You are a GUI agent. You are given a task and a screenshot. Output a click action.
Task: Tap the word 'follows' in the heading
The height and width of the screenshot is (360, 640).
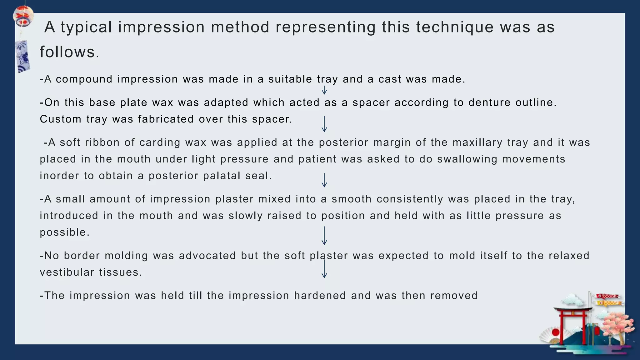click(x=67, y=52)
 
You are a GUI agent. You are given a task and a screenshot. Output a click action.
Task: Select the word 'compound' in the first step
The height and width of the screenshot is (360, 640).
click(x=84, y=79)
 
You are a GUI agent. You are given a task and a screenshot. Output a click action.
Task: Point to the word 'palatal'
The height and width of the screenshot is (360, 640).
click(x=222, y=176)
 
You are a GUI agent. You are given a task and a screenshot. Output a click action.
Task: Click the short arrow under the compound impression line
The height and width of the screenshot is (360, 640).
click(x=324, y=90)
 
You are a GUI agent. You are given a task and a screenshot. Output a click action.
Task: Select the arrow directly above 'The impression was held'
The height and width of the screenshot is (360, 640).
click(x=324, y=269)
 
